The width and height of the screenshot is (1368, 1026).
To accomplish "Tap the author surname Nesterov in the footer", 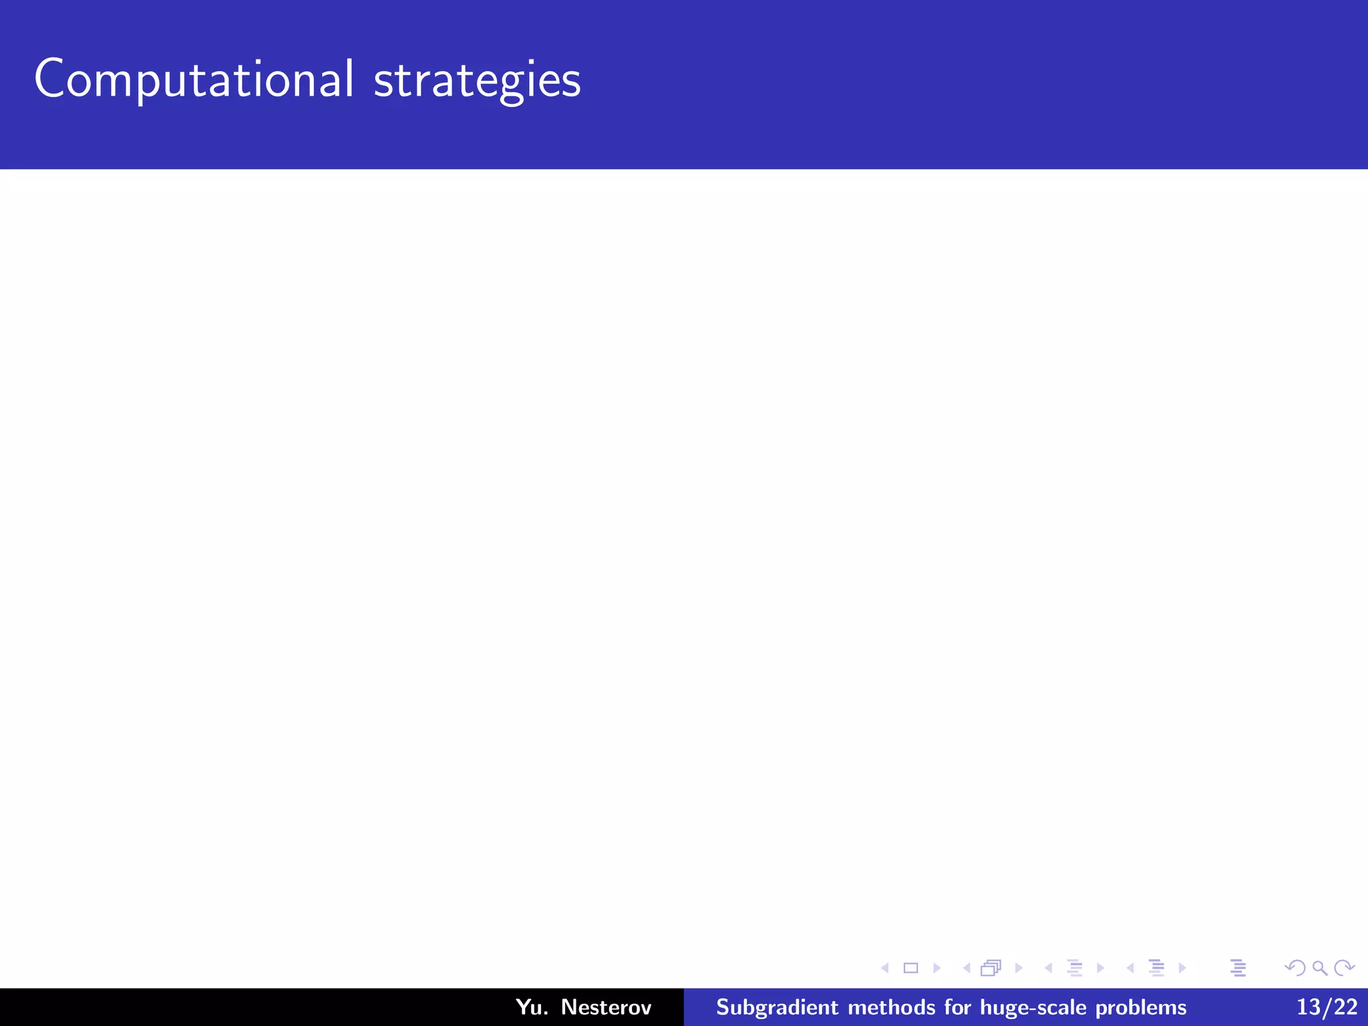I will (x=606, y=1007).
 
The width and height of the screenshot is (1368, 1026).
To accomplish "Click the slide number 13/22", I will (x=1327, y=1007).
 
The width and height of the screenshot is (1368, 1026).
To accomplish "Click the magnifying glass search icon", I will (x=1320, y=968).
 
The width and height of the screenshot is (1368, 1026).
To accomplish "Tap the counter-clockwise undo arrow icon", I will (x=1295, y=968).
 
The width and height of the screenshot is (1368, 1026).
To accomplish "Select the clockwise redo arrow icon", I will (x=1344, y=968).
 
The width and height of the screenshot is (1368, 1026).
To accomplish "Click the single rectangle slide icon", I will (x=910, y=968).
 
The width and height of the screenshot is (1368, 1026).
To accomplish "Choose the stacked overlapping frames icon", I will (x=991, y=968).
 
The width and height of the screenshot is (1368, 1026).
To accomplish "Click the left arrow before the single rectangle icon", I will (x=885, y=968).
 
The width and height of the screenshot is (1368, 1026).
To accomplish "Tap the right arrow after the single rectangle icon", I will (x=937, y=968).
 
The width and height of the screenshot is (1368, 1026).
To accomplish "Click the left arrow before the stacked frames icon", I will (x=967, y=968).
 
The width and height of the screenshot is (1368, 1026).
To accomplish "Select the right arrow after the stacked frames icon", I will (x=1019, y=968).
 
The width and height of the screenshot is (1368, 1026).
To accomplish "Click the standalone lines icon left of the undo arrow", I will (x=1238, y=968).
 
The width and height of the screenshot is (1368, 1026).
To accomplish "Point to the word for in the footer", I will (x=957, y=1007).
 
